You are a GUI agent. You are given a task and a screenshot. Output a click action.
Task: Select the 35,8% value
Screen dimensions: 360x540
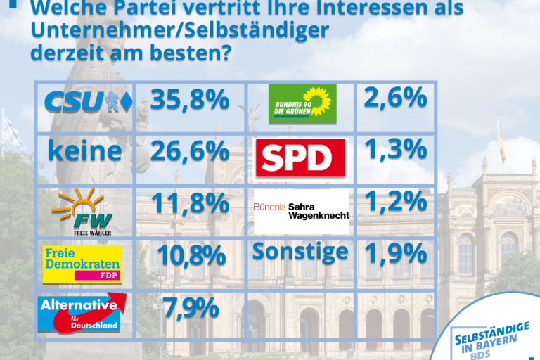click(x=190, y=100)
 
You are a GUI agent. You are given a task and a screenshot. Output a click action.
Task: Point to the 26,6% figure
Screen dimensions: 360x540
click(x=190, y=151)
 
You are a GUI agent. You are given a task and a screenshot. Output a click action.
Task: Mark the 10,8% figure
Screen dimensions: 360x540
click(x=190, y=255)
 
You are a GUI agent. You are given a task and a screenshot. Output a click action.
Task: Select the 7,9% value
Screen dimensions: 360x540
click(x=179, y=307)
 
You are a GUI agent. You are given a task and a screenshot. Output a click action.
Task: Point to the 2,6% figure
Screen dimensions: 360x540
click(x=396, y=97)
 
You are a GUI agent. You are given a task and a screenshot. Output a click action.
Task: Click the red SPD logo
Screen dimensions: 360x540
click(x=302, y=157)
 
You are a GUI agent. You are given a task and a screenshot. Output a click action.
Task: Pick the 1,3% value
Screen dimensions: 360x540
click(x=396, y=149)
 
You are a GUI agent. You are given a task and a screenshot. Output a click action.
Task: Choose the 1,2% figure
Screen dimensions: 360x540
click(x=396, y=201)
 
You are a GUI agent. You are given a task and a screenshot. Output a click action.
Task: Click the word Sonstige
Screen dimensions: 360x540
click(x=301, y=251)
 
